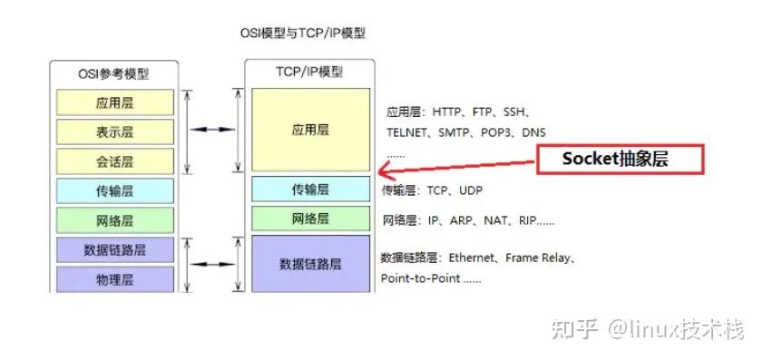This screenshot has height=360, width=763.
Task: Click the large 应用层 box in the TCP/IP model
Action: (310, 130)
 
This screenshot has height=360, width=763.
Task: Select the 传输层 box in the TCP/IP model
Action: (310, 190)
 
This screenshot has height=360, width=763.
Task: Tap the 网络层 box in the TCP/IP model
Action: (310, 219)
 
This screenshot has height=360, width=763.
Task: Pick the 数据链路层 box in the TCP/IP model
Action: (310, 263)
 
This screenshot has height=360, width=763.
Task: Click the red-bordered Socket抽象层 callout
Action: (621, 159)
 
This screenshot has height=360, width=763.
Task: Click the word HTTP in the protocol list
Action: (447, 112)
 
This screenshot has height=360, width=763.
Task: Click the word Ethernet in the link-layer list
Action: (472, 258)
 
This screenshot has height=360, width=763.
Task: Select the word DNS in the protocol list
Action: (533, 132)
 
